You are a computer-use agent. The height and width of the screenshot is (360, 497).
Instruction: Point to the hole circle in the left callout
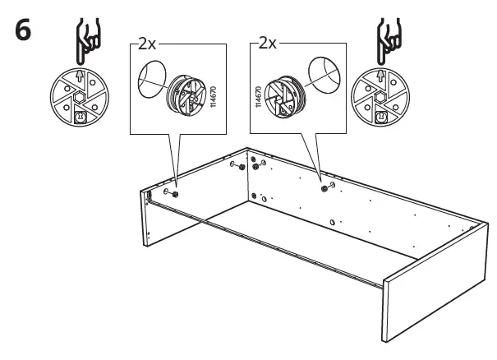coord(150,80)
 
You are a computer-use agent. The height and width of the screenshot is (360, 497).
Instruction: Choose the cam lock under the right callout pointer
coord(324,188)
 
